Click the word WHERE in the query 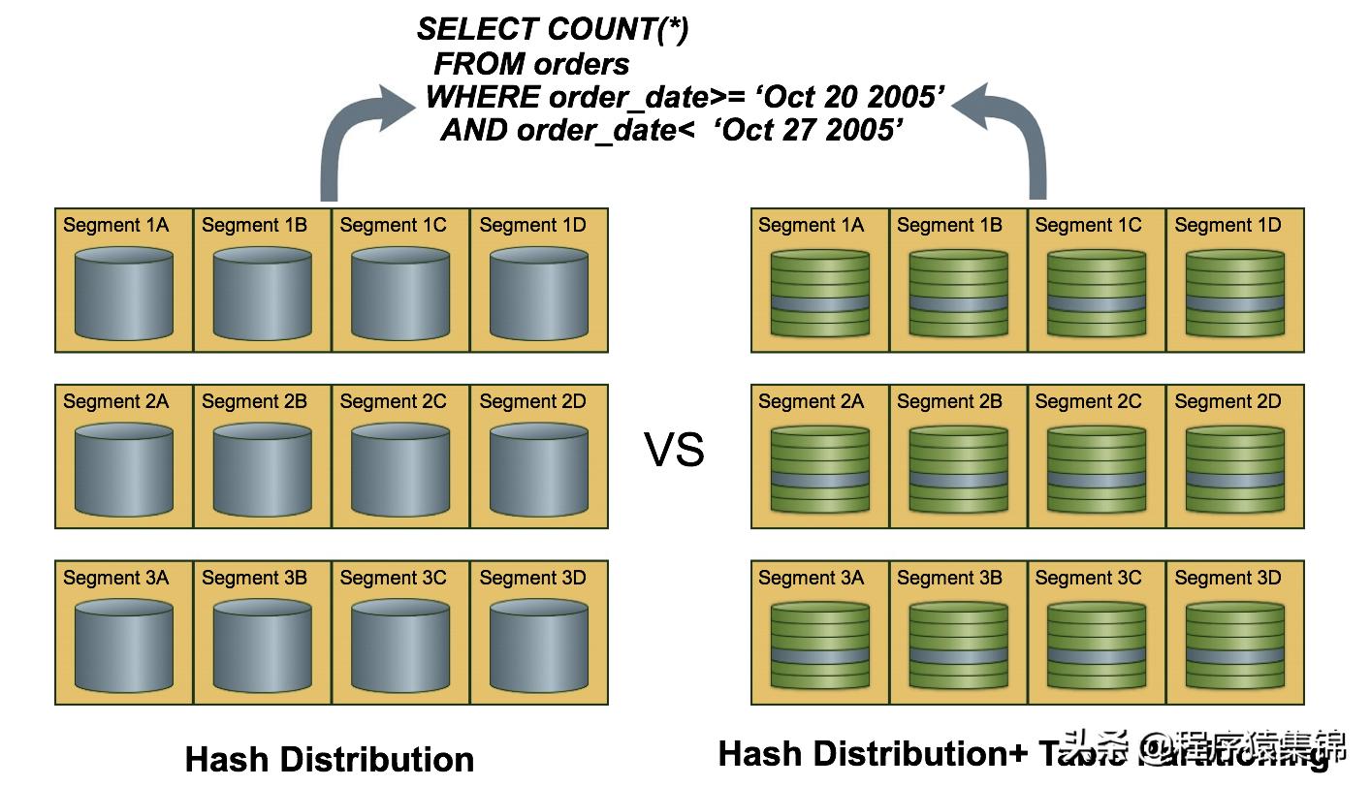click(482, 97)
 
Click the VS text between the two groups click(674, 450)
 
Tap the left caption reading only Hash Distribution click(330, 758)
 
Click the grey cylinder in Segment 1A click(124, 294)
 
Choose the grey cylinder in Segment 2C click(400, 470)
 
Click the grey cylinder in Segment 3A click(124, 646)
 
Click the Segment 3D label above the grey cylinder click(532, 578)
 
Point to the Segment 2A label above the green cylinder click(811, 401)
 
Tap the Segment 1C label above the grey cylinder click(393, 225)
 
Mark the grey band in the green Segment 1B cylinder click(958, 304)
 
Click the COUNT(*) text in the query click(610, 30)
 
